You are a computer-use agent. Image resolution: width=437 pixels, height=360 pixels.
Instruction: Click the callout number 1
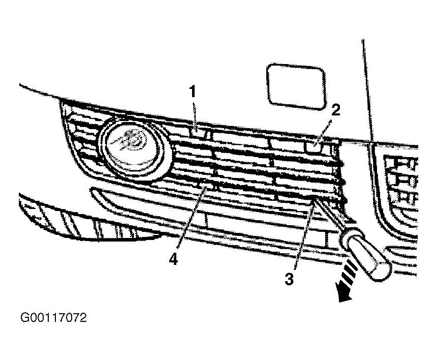[x=193, y=92]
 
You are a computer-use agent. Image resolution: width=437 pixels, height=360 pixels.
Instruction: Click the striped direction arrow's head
[x=345, y=294]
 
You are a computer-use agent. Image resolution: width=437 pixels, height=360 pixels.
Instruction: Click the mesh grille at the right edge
[x=401, y=178]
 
